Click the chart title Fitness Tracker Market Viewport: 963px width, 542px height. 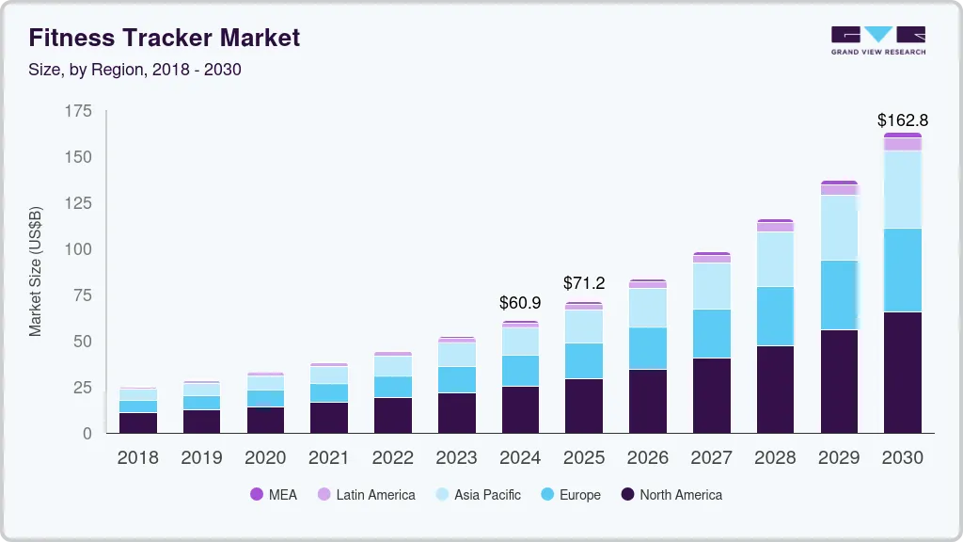(165, 38)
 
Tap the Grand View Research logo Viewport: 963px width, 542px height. (877, 40)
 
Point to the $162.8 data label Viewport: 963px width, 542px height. (902, 120)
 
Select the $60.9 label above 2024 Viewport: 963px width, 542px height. (520, 304)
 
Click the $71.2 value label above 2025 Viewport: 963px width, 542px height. (583, 283)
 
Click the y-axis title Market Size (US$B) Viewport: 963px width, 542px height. (36, 272)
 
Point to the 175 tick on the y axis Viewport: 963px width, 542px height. (79, 111)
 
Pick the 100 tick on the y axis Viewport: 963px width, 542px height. (79, 249)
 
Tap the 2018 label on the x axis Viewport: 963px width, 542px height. (137, 458)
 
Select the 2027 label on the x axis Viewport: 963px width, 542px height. (711, 458)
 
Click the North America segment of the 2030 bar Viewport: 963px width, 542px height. (902, 372)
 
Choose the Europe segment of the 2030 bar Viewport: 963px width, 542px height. (902, 270)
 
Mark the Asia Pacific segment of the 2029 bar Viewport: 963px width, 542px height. (839, 228)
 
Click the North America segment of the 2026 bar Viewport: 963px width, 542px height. (647, 401)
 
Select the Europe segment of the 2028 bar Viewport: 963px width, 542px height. (775, 316)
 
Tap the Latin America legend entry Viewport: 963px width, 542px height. (366, 495)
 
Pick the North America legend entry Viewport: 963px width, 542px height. (671, 495)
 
